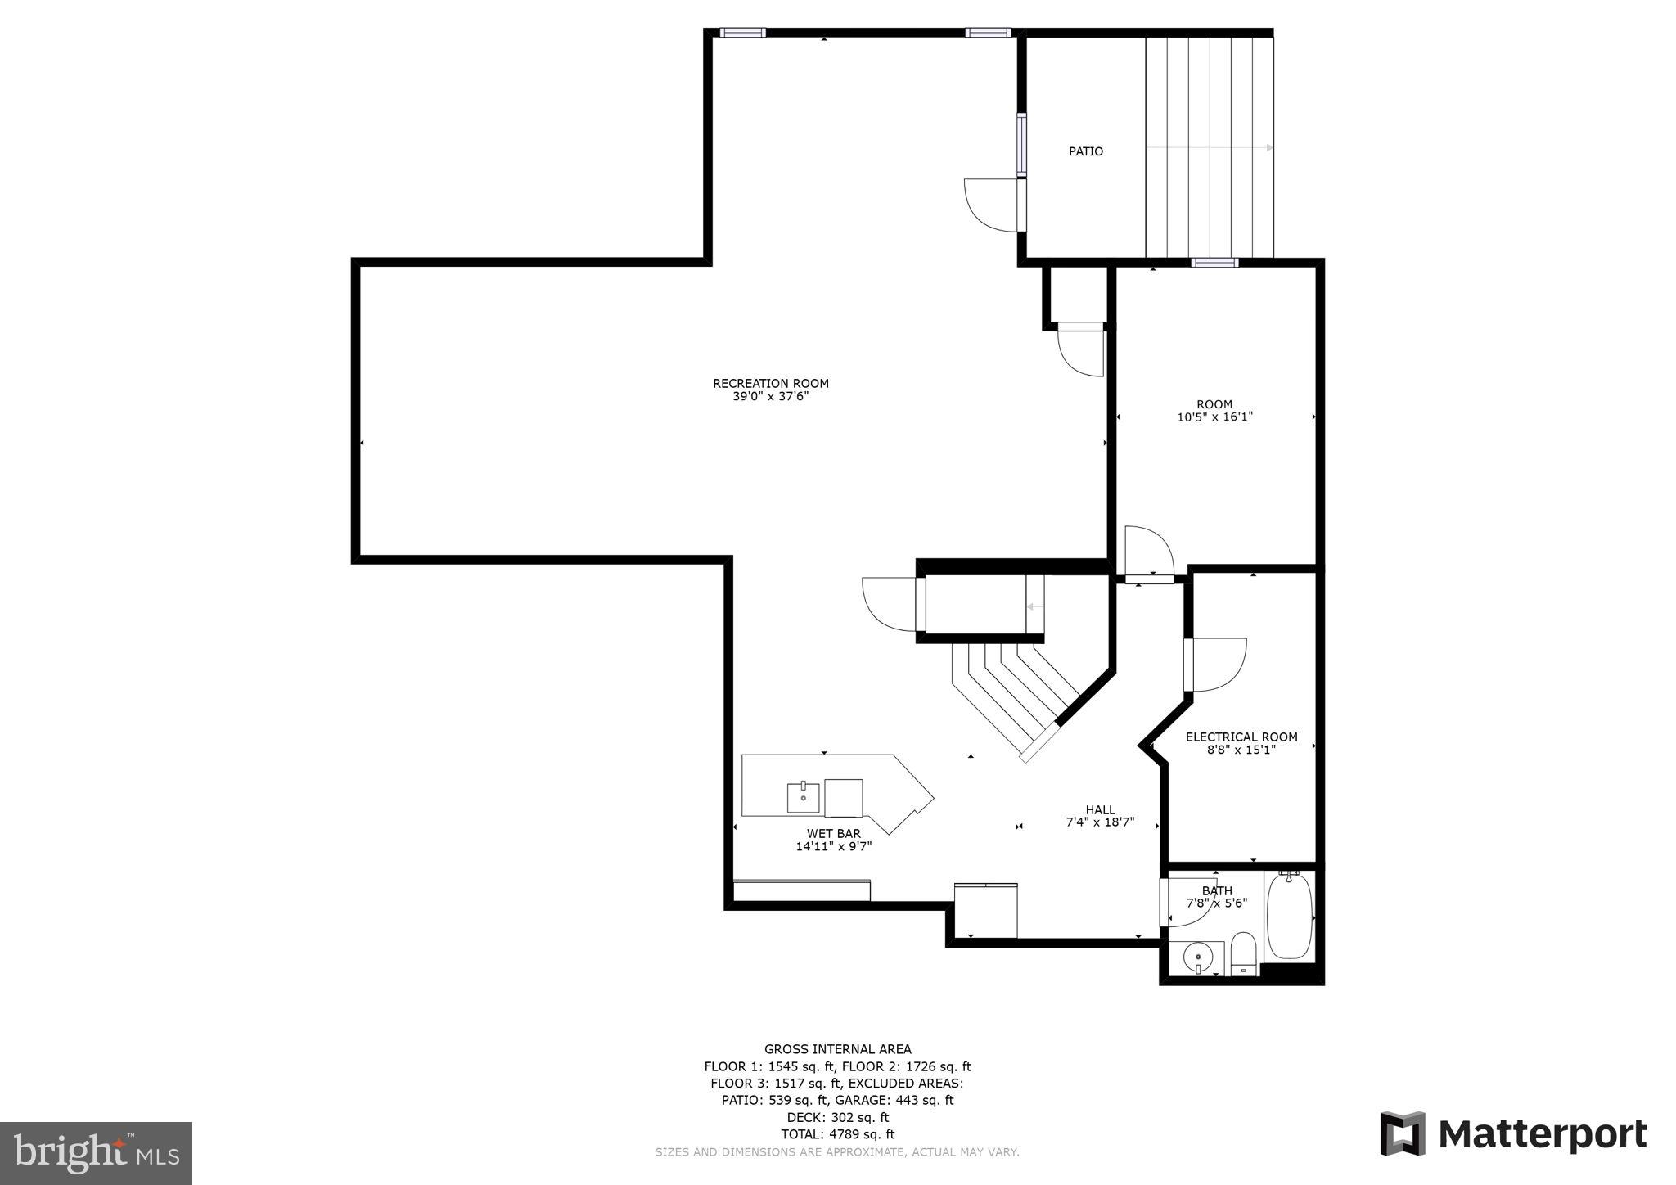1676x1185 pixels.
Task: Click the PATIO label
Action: pos(1085,151)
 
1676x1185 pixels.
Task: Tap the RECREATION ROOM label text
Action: pos(770,383)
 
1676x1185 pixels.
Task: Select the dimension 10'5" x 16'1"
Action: pos(1214,417)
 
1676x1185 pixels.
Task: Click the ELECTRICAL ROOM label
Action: pos(1241,737)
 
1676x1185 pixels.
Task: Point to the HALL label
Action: pos(1100,809)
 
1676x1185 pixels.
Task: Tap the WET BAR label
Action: pos(833,833)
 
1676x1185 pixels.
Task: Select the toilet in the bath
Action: pos(1243,953)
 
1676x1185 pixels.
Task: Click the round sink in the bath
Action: pos(1196,955)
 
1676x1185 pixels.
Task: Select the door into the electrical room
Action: pos(1215,664)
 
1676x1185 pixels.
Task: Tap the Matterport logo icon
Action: pos(1403,1133)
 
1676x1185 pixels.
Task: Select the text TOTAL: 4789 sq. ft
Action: pos(837,1134)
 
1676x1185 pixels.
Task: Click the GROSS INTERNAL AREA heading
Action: pos(837,1049)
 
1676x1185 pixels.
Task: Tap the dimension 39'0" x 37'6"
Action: pos(770,396)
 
